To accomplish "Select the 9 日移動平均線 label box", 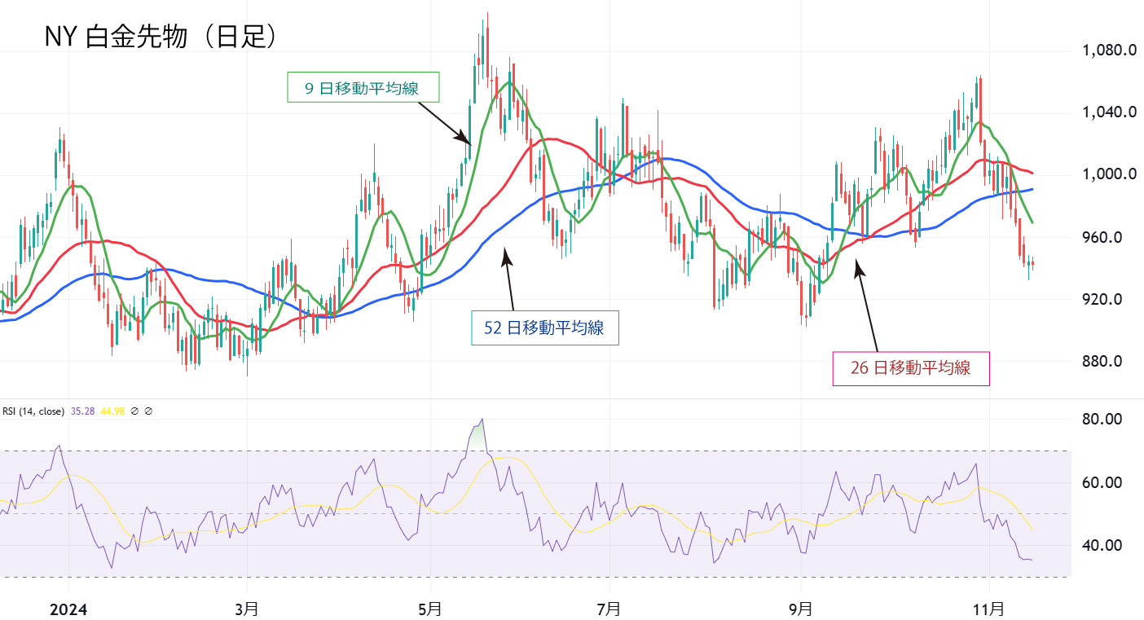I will point(363,87).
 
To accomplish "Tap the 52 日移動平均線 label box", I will point(544,328).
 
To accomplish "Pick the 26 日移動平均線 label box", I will point(910,368).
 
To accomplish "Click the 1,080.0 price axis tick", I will point(1109,51).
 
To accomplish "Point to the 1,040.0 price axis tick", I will point(1109,112).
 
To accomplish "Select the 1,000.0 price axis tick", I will point(1109,174).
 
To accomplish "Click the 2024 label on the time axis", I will point(68,609).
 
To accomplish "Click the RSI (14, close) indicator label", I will point(33,412).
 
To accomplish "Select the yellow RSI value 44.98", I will point(113,412).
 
